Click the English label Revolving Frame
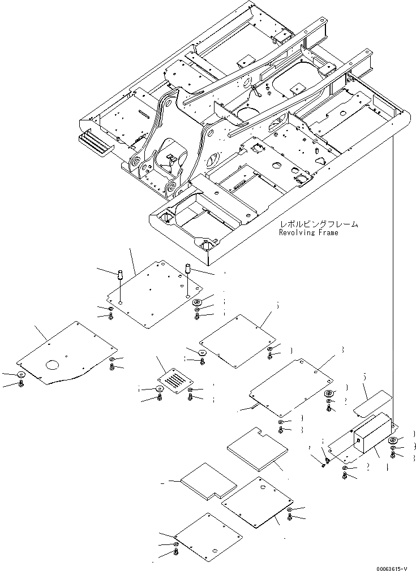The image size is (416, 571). point(308,232)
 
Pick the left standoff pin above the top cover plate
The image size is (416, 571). point(119,277)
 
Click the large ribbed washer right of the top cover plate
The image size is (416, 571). point(198,304)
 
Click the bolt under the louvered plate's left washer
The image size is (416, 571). point(160,398)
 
